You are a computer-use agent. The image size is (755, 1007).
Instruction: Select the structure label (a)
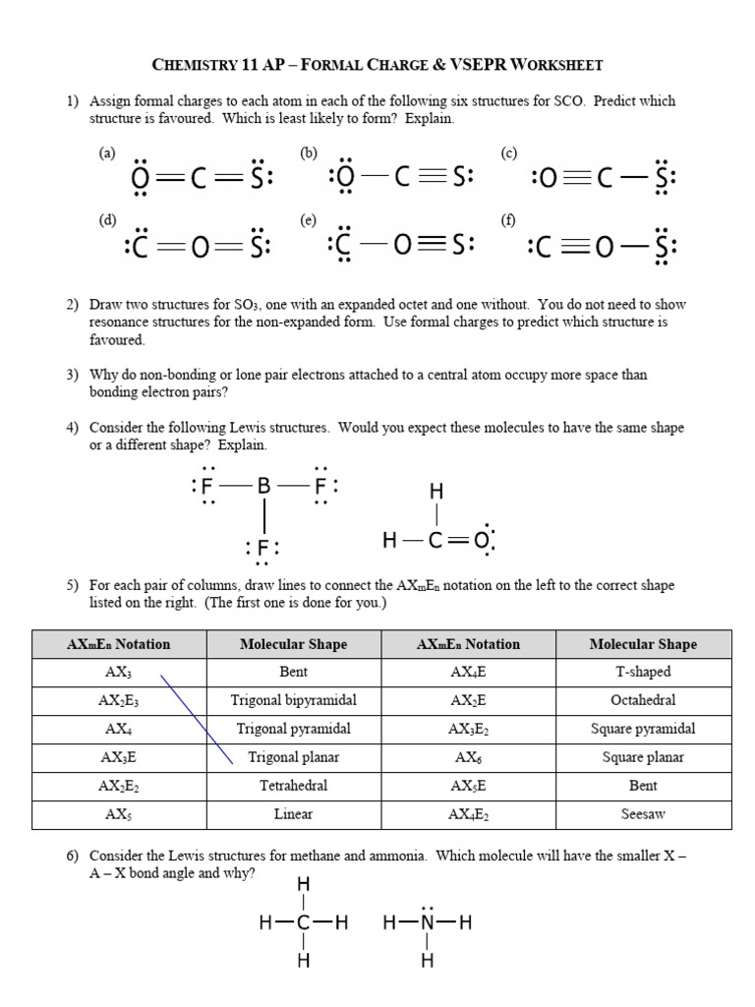click(x=107, y=152)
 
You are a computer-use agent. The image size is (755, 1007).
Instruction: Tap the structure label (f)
click(x=508, y=220)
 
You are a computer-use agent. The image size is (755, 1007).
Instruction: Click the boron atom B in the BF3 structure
click(x=262, y=485)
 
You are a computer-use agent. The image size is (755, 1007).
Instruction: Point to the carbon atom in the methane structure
click(x=303, y=922)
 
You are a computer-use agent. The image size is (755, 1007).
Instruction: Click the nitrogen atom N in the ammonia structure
click(x=427, y=922)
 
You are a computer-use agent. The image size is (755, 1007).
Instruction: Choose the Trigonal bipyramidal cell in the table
click(x=293, y=701)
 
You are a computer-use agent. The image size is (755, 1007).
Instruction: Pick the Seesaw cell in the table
click(x=644, y=814)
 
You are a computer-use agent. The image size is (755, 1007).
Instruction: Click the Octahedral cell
click(x=644, y=701)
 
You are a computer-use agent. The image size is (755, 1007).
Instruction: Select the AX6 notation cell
click(x=468, y=757)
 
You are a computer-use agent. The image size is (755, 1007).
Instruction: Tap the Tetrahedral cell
click(x=293, y=786)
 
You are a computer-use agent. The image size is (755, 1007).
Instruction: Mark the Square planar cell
click(x=644, y=757)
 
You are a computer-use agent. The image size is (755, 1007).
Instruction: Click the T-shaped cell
click(x=644, y=673)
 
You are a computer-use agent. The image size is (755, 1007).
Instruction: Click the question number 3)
click(x=73, y=375)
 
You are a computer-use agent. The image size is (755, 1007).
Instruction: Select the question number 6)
click(x=73, y=857)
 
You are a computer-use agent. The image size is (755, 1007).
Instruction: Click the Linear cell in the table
click(x=293, y=814)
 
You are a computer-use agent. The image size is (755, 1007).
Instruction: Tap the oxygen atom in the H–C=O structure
click(x=481, y=540)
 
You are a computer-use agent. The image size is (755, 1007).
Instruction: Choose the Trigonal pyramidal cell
click(x=293, y=729)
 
